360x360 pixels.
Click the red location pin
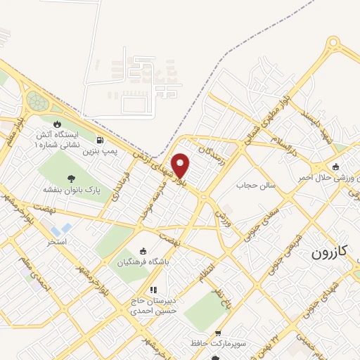point(181,165)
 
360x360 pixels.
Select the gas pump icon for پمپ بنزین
point(103,140)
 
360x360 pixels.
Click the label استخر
point(57,241)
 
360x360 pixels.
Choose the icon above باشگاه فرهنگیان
point(143,251)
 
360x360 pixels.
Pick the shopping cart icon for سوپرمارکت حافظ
point(218,333)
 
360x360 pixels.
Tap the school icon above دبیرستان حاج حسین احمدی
point(153,289)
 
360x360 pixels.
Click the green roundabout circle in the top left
point(37,103)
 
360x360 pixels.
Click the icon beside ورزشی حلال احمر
point(337,167)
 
